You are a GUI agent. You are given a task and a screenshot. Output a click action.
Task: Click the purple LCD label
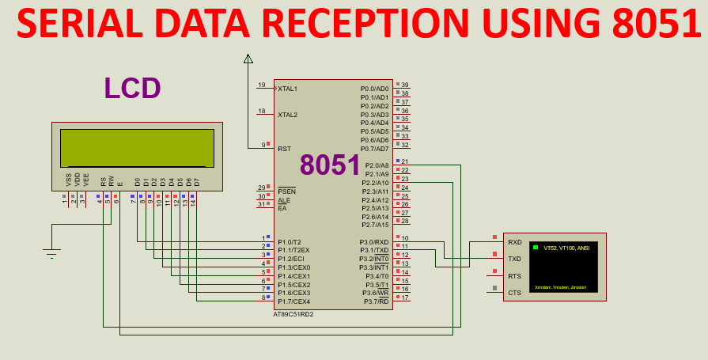132,89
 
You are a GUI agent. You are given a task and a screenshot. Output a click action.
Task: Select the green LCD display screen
137,148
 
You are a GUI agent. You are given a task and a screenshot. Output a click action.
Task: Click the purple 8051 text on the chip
330,165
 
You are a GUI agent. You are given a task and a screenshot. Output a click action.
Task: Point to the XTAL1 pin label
288,89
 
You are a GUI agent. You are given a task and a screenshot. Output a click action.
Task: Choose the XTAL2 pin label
288,115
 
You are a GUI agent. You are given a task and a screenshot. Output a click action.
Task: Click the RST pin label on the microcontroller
284,149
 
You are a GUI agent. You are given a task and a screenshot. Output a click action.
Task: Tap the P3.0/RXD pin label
374,242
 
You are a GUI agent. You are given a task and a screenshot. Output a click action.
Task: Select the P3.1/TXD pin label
374,251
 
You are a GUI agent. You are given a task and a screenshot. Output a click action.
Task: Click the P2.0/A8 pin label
376,165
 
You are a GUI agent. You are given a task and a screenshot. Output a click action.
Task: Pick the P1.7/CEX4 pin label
293,301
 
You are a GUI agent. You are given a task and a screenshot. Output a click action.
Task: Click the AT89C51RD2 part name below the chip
293,313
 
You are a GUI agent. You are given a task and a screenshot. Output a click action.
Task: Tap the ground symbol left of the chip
51,253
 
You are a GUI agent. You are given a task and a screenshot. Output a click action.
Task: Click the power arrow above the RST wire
248,59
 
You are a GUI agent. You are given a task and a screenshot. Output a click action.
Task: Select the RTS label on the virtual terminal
514,275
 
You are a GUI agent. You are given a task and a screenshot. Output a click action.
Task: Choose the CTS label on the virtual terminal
514,293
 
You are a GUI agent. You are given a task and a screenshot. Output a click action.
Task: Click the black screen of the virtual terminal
563,267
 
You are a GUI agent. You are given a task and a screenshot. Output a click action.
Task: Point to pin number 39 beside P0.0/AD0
405,85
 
